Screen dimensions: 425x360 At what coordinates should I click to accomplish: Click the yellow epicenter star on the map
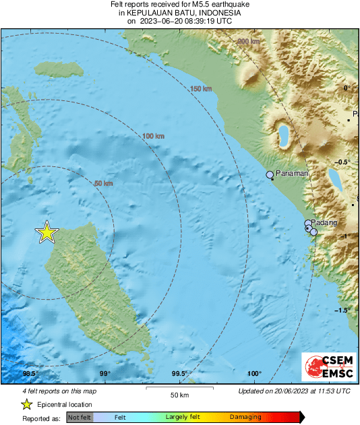[x=47, y=232]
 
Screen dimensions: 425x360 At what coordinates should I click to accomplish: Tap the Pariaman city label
[x=292, y=174]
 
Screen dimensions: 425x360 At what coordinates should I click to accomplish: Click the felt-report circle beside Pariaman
[x=270, y=175]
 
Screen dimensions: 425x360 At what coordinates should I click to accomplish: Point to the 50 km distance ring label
[x=103, y=183]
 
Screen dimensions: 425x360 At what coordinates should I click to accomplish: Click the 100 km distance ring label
[x=153, y=136]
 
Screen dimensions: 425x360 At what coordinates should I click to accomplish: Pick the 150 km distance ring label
[x=200, y=90]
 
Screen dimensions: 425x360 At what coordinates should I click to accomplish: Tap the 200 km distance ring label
[x=249, y=42]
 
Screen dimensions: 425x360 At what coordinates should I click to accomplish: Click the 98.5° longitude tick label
[x=30, y=374]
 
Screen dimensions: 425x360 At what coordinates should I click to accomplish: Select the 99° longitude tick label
[x=105, y=374]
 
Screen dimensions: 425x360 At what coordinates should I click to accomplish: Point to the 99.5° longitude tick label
[x=179, y=374]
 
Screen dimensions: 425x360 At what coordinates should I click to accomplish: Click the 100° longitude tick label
[x=254, y=374]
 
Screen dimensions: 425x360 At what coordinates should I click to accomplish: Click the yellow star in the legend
[x=27, y=404]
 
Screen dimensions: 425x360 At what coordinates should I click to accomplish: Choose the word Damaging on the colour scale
[x=245, y=417]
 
